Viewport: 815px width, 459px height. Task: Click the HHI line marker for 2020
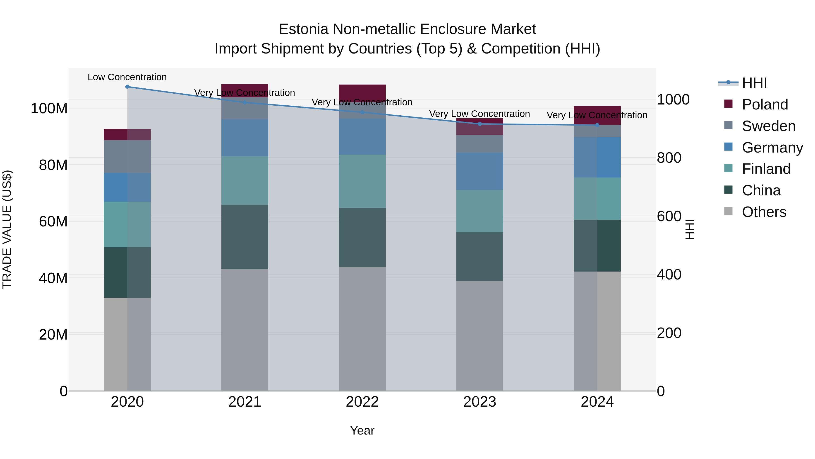(127, 87)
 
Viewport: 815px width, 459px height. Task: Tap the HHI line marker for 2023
(480, 124)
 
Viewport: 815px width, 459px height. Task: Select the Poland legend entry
(765, 104)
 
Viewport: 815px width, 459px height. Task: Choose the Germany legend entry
(772, 148)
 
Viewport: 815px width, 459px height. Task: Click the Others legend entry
(764, 212)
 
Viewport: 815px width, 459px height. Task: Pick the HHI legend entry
(754, 83)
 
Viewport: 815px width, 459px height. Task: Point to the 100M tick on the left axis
(49, 109)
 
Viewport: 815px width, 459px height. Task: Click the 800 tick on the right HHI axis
(669, 158)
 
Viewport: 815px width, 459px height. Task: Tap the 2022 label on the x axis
(362, 402)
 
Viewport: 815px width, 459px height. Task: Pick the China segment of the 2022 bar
(362, 238)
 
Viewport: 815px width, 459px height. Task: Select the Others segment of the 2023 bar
(480, 336)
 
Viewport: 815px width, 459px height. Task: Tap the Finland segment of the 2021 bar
(244, 180)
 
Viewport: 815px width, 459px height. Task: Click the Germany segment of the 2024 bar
(597, 158)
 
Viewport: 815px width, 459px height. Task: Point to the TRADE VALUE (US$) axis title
(7, 229)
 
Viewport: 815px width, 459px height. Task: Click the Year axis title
(362, 430)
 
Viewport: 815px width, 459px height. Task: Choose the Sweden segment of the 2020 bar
(127, 156)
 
